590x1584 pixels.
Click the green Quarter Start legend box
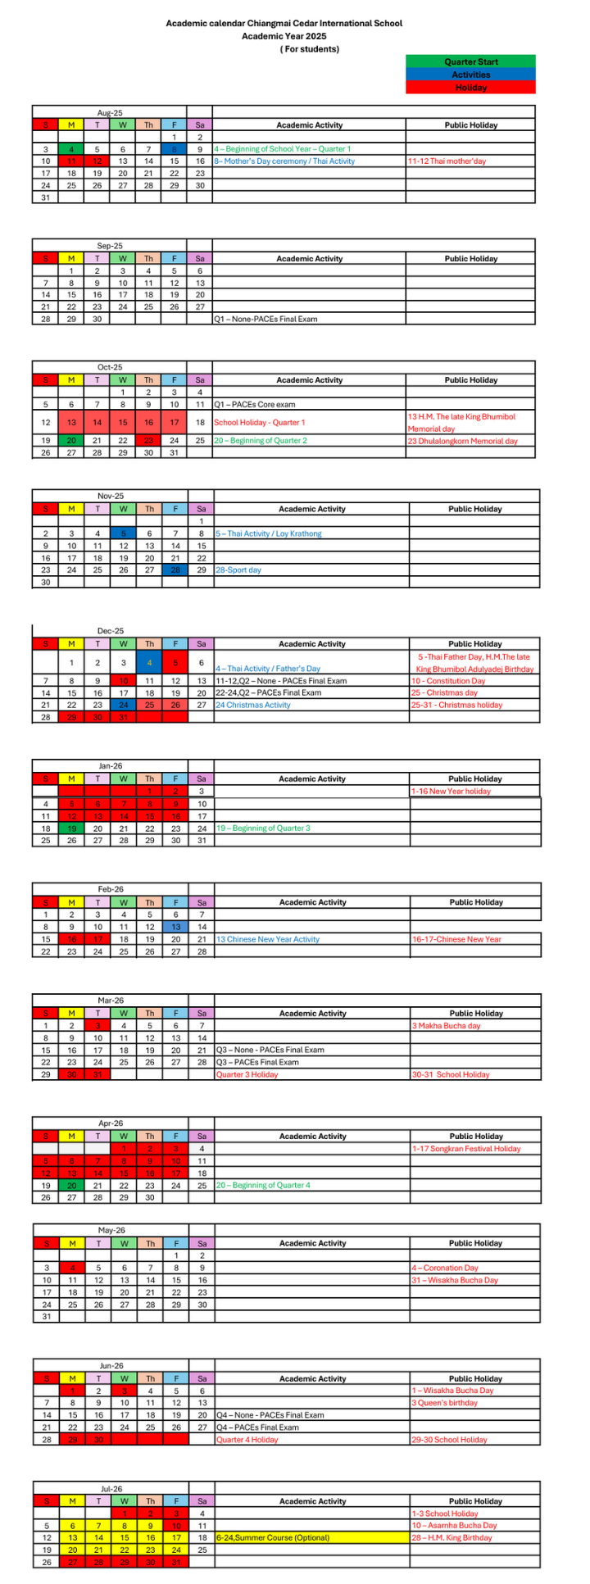tap(470, 61)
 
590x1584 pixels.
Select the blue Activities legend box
tap(470, 75)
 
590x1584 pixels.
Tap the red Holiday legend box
tap(470, 88)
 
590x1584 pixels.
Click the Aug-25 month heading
tap(110, 112)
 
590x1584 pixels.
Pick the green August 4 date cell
tap(71, 149)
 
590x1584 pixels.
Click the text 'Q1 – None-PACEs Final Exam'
tap(265, 319)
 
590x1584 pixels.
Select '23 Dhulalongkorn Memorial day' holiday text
tap(463, 441)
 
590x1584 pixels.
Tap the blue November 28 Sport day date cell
tap(175, 570)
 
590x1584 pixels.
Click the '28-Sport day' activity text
tap(238, 570)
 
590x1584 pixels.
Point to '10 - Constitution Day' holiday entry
tap(448, 681)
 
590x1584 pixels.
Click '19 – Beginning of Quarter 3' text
tap(263, 828)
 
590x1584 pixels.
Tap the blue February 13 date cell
tap(175, 927)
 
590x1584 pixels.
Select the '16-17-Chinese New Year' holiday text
tap(456, 939)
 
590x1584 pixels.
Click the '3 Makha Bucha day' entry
tap(446, 1026)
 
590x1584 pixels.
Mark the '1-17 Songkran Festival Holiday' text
tap(465, 1149)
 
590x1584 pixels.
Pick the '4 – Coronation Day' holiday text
tap(444, 1268)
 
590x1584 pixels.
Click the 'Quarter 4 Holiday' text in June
tap(247, 1440)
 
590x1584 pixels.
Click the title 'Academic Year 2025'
tap(284, 36)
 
